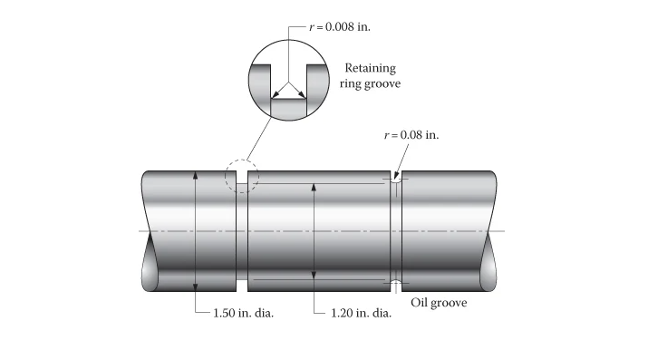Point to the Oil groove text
(x=440, y=302)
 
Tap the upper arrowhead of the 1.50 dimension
(x=195, y=173)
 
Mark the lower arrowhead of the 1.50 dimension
(x=195, y=287)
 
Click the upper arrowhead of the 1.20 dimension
(x=313, y=187)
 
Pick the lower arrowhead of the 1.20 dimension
(x=313, y=276)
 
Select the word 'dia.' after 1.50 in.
(x=264, y=313)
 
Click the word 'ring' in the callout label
(x=352, y=84)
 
